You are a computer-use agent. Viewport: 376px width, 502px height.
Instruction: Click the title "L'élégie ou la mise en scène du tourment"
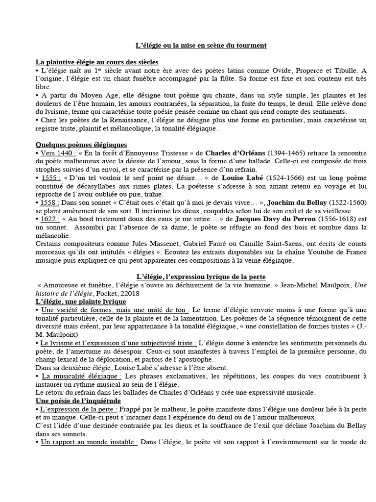(201, 46)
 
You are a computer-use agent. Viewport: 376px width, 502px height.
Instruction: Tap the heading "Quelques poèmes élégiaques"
(81, 145)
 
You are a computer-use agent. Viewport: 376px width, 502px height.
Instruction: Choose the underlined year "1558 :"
(51, 203)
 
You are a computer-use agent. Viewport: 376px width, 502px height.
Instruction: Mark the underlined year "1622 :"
(51, 220)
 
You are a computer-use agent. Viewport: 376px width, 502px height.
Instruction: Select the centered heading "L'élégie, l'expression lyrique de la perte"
(201, 277)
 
